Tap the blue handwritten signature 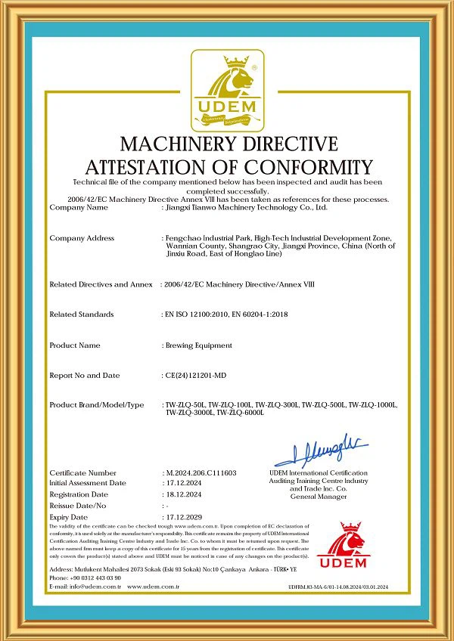pyautogui.click(x=321, y=451)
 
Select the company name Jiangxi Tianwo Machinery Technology pyautogui.click(x=246, y=206)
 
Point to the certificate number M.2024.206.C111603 pyautogui.click(x=201, y=472)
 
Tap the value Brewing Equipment pyautogui.click(x=198, y=345)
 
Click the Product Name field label pyautogui.click(x=75, y=345)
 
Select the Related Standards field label pyautogui.click(x=82, y=314)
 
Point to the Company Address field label pyautogui.click(x=82, y=238)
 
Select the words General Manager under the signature pyautogui.click(x=318, y=497)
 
